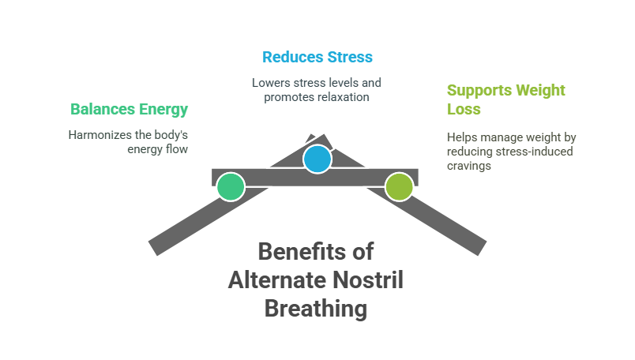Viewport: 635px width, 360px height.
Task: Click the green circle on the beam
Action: [x=231, y=187]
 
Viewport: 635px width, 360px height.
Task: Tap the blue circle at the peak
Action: [x=317, y=159]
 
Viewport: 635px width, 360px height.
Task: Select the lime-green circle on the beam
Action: [x=399, y=187]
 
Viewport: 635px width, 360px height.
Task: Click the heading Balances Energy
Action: [x=130, y=110]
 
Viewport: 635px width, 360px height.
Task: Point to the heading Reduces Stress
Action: [x=317, y=57]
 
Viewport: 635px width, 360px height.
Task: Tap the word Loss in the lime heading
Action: [x=464, y=110]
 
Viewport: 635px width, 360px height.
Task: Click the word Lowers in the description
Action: [x=270, y=82]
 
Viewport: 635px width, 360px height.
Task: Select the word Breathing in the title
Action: [x=317, y=308]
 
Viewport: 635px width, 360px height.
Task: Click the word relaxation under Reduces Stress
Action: [x=341, y=97]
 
